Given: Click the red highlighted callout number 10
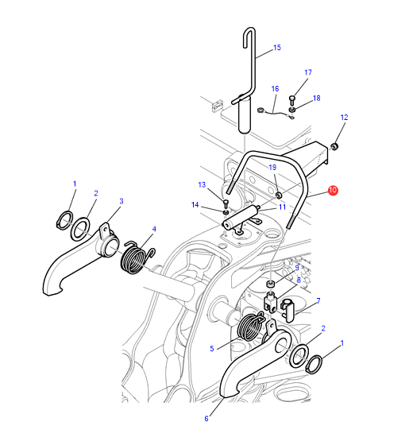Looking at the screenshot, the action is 333,190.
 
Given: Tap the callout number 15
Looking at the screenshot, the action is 277,48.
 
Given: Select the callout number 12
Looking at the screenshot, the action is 344,118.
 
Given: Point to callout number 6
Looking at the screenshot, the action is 206,418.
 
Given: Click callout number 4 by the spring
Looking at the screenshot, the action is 154,229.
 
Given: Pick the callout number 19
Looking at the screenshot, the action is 272,168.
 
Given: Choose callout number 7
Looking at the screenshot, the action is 318,300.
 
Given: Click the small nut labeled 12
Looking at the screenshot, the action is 335,147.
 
